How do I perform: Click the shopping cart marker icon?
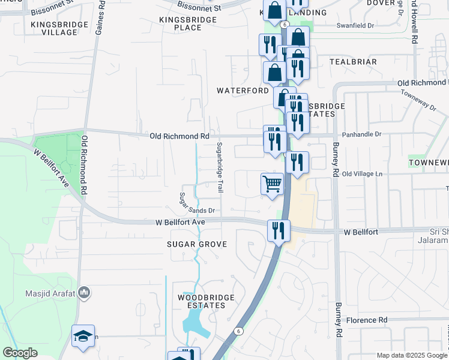pyautogui.click(x=272, y=184)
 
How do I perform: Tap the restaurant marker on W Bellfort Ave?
pyautogui.click(x=279, y=231)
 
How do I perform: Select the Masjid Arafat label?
pyautogui.click(x=50, y=293)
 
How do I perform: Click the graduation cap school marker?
pyautogui.click(x=83, y=336)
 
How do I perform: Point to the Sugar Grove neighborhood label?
pyautogui.click(x=197, y=244)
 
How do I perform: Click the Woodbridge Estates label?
pyautogui.click(x=202, y=301)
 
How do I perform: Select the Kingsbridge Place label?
pyautogui.click(x=188, y=24)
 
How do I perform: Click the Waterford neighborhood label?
pyautogui.click(x=243, y=91)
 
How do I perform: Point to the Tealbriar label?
pyautogui.click(x=353, y=62)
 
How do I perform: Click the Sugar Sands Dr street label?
pyautogui.click(x=198, y=211)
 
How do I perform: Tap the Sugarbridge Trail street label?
pyautogui.click(x=220, y=167)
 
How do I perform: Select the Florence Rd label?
pyautogui.click(x=366, y=320)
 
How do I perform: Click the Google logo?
pyautogui.click(x=20, y=353)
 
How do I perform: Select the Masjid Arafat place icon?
pyautogui.click(x=84, y=293)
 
